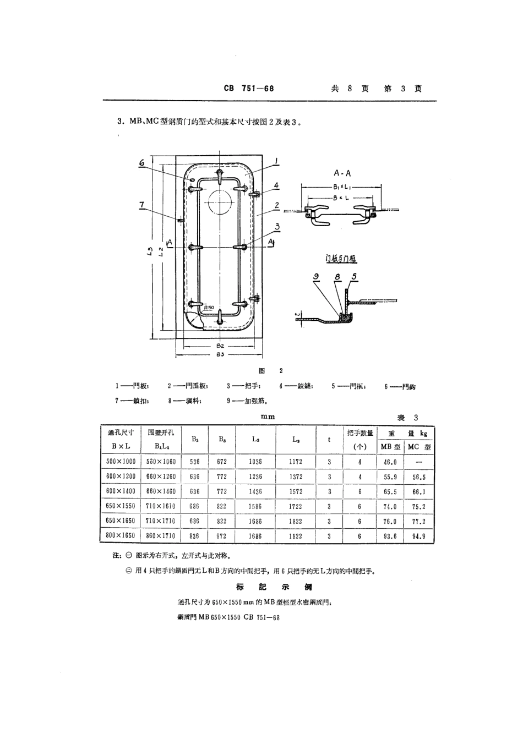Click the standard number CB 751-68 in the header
coord(249,88)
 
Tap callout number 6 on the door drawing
coord(141,163)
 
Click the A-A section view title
coord(342,173)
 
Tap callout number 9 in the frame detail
coord(316,277)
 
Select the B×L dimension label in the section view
coord(342,197)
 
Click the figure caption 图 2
coord(270,371)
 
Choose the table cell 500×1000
coord(120,462)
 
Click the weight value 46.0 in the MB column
coord(390,462)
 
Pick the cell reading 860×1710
coord(160,535)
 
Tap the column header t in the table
coord(329,439)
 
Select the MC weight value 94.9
coord(419,536)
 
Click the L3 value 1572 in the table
coord(296,491)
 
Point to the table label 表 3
coord(408,418)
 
